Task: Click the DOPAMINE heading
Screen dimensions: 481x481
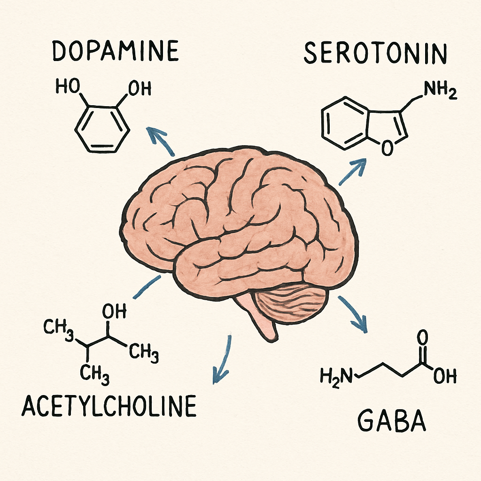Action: coord(116,51)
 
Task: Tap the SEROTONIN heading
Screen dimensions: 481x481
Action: coord(375,53)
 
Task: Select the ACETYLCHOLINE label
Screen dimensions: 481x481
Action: coord(109,405)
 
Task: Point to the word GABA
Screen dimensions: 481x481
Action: coord(392,421)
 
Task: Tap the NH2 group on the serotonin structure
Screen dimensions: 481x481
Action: coord(440,91)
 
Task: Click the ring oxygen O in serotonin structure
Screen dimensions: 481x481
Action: coord(388,147)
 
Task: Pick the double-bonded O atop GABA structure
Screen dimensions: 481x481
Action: coord(422,338)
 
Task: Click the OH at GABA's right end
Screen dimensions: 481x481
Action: coord(445,376)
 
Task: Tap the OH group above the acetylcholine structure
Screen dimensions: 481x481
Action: coord(114,311)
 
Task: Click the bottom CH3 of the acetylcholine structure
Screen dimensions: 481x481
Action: coord(95,374)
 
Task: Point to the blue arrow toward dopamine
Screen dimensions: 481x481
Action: coord(160,141)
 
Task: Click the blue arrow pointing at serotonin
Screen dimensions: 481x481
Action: coord(353,172)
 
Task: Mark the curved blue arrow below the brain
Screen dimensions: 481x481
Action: coord(224,359)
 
